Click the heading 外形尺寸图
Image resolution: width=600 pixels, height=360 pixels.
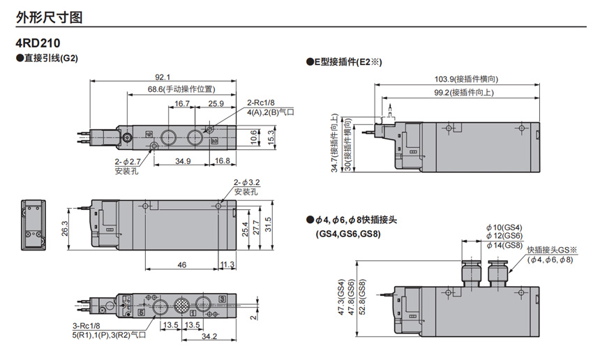pyautogui.click(x=44, y=13)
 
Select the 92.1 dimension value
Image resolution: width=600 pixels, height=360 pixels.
pyautogui.click(x=163, y=77)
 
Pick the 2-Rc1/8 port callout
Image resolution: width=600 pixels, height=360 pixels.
pyautogui.click(x=260, y=102)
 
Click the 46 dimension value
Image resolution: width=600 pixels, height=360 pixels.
pyautogui.click(x=181, y=265)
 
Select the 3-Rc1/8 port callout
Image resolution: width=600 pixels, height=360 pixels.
pyautogui.click(x=87, y=325)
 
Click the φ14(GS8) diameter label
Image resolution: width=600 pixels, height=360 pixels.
pyautogui.click(x=504, y=245)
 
